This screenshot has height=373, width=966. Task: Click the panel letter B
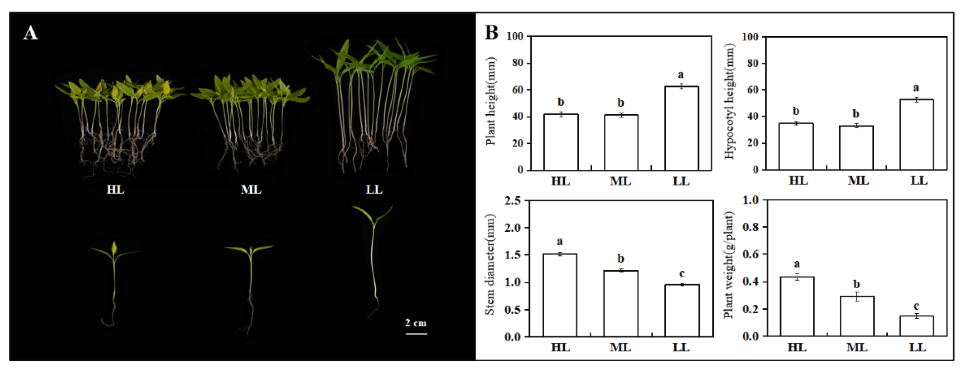[x=492, y=32]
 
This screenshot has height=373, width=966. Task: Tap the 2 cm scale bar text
[x=416, y=323]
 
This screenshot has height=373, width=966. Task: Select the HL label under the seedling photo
[x=115, y=189]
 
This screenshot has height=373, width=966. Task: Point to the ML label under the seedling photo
[x=250, y=189]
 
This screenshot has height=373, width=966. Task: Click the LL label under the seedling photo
[x=374, y=189]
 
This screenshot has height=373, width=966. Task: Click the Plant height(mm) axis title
[x=491, y=101]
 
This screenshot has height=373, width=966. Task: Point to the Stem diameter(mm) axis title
[x=490, y=265]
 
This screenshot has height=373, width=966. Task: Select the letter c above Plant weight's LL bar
[x=916, y=306]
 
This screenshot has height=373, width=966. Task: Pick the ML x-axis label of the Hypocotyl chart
[x=858, y=181]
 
